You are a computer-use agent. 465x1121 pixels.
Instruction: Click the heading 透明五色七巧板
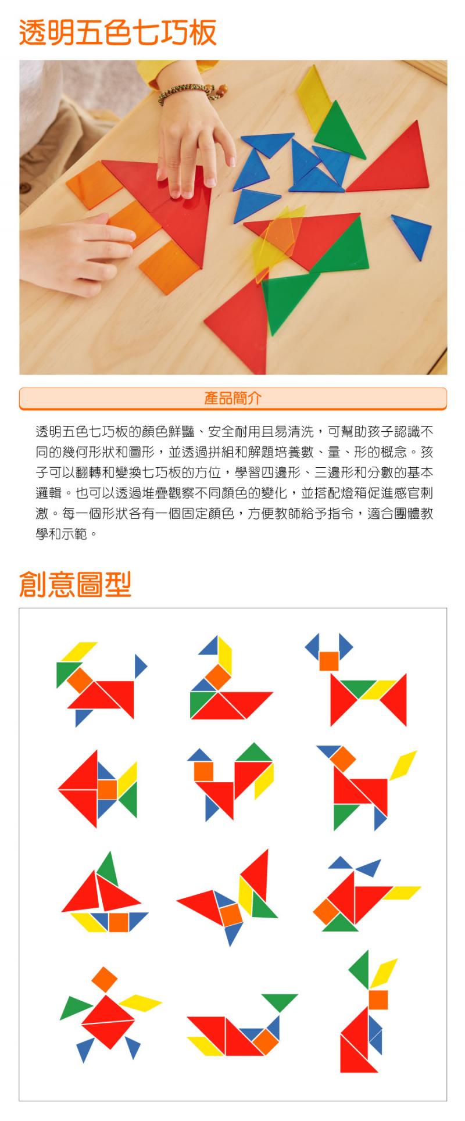(118, 33)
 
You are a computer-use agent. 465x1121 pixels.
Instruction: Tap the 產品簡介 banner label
(233, 398)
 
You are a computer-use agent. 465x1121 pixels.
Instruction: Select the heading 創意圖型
(76, 584)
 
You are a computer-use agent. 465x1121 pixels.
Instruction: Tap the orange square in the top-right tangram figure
(329, 661)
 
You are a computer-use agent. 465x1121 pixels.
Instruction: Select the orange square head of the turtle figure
(105, 979)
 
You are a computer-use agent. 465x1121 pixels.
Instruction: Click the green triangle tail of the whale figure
(280, 1001)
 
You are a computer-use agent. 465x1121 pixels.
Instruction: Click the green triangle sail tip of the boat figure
(108, 869)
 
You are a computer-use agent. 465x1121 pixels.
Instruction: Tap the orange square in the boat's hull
(119, 922)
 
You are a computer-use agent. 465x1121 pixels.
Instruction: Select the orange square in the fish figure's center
(108, 789)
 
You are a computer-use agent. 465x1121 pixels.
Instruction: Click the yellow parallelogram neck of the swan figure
(225, 656)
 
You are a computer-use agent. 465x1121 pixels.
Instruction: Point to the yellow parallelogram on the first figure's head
(78, 652)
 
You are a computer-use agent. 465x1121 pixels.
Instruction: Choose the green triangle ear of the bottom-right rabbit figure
(360, 970)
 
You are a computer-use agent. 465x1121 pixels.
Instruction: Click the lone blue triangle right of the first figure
(140, 666)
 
